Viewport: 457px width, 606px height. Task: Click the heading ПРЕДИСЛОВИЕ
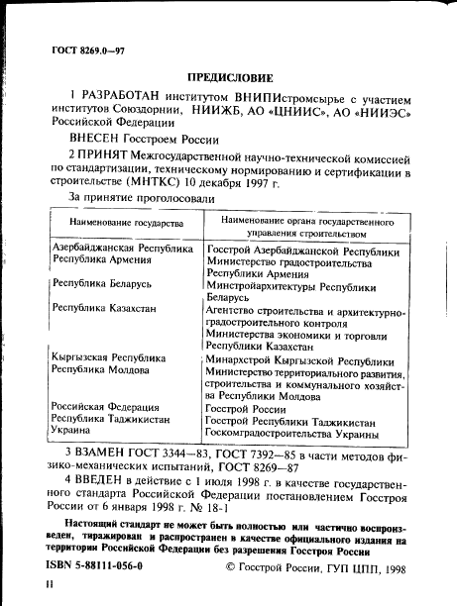point(227,77)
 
